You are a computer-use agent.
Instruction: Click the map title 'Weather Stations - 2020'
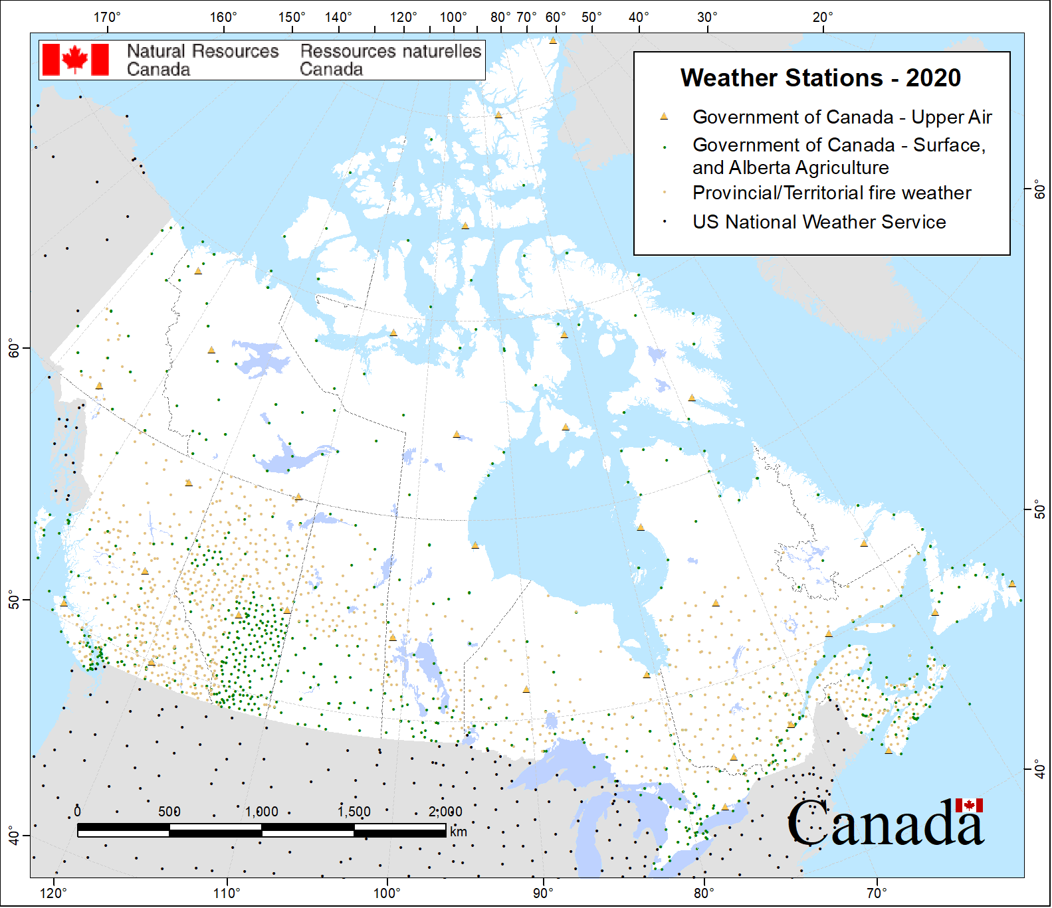point(820,78)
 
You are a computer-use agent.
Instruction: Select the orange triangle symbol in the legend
point(663,117)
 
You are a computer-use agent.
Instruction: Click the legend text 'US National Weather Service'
point(819,222)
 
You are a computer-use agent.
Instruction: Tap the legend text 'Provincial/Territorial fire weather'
point(831,193)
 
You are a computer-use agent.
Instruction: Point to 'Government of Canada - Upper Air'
point(841,118)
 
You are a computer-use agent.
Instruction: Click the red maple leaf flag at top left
point(75,60)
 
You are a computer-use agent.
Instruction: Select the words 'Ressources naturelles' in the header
point(390,51)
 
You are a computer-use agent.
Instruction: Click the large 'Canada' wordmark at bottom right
point(885,824)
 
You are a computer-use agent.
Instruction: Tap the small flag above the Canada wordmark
point(968,806)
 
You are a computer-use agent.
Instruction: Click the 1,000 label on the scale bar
point(261,812)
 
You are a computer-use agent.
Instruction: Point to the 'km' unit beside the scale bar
point(458,832)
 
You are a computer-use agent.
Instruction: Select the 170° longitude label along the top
point(106,17)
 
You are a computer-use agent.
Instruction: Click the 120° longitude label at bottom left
point(53,893)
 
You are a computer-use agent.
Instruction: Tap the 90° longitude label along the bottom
point(543,893)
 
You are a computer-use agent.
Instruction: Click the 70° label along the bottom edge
point(876,893)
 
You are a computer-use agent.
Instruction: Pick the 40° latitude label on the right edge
point(1039,771)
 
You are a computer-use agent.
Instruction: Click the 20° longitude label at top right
point(822,17)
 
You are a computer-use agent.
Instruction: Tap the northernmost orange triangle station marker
point(553,41)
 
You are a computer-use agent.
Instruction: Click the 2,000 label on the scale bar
point(445,812)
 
